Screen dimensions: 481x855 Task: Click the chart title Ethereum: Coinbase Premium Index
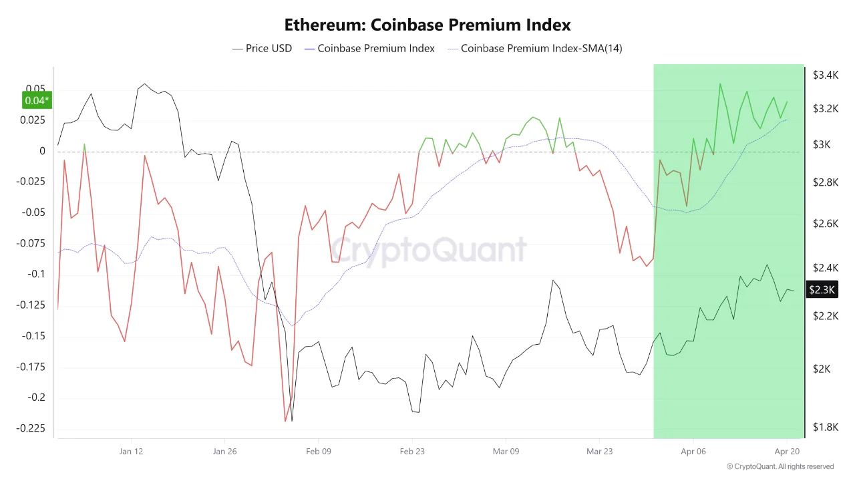(x=427, y=25)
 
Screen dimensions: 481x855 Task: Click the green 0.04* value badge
(x=37, y=100)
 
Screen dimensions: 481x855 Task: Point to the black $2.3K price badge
(x=821, y=290)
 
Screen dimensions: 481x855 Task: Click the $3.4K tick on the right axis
(x=826, y=75)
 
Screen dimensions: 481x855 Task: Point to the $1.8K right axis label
(x=826, y=427)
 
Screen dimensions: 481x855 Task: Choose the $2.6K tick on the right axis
(x=826, y=223)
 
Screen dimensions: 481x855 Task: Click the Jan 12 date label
(x=131, y=451)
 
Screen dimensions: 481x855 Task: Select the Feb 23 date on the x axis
(x=412, y=451)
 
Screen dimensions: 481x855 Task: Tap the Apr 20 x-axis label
(x=787, y=451)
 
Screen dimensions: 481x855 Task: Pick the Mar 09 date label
(x=506, y=451)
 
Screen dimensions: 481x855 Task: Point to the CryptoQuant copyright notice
(x=780, y=466)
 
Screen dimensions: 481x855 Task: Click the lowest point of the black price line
(x=292, y=421)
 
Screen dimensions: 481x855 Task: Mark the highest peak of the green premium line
(x=719, y=84)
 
